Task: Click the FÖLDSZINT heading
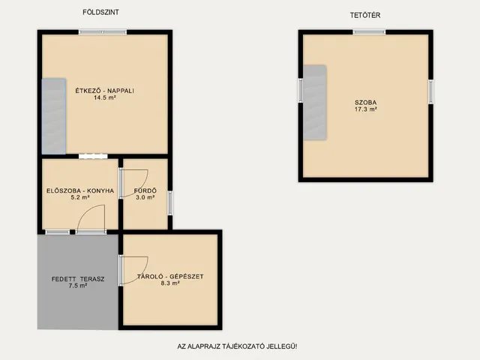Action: coord(100,12)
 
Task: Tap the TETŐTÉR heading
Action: coord(365,15)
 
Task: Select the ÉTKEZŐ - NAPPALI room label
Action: coord(105,91)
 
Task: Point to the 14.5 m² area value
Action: coord(105,97)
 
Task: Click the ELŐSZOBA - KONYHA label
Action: coord(80,190)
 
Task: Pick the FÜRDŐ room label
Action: coord(145,190)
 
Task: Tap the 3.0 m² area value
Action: coord(145,197)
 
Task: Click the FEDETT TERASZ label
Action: coord(78,279)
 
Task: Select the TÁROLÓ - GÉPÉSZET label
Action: coord(170,276)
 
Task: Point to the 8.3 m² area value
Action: coord(170,283)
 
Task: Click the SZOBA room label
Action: coord(365,102)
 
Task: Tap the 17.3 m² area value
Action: coord(365,109)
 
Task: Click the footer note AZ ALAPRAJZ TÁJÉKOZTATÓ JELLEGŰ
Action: coord(237,346)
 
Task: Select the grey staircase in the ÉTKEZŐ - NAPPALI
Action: coord(54,116)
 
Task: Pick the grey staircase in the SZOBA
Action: coord(315,103)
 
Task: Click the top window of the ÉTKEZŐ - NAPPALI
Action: coord(103,31)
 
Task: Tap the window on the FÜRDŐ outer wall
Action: coord(170,203)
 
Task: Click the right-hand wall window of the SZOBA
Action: coord(430,91)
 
